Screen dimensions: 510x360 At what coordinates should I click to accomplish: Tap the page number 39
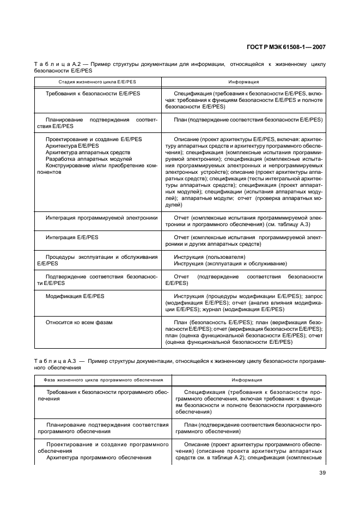322,480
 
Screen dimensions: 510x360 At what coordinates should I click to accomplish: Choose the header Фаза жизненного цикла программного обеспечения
103,380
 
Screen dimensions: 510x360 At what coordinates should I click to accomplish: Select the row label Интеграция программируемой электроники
101,217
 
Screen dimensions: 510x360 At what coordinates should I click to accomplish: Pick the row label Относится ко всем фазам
79,322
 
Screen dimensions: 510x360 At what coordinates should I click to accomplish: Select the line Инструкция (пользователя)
210,257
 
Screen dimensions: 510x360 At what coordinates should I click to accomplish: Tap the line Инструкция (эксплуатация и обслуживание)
230,263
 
